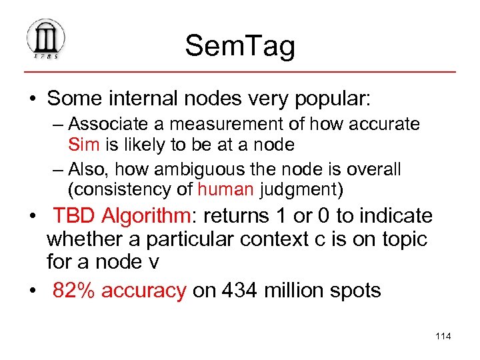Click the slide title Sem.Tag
pos(240,46)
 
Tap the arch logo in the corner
pos(45,39)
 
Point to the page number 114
pos(443,335)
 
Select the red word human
pos(225,189)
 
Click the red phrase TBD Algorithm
pos(120,216)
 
